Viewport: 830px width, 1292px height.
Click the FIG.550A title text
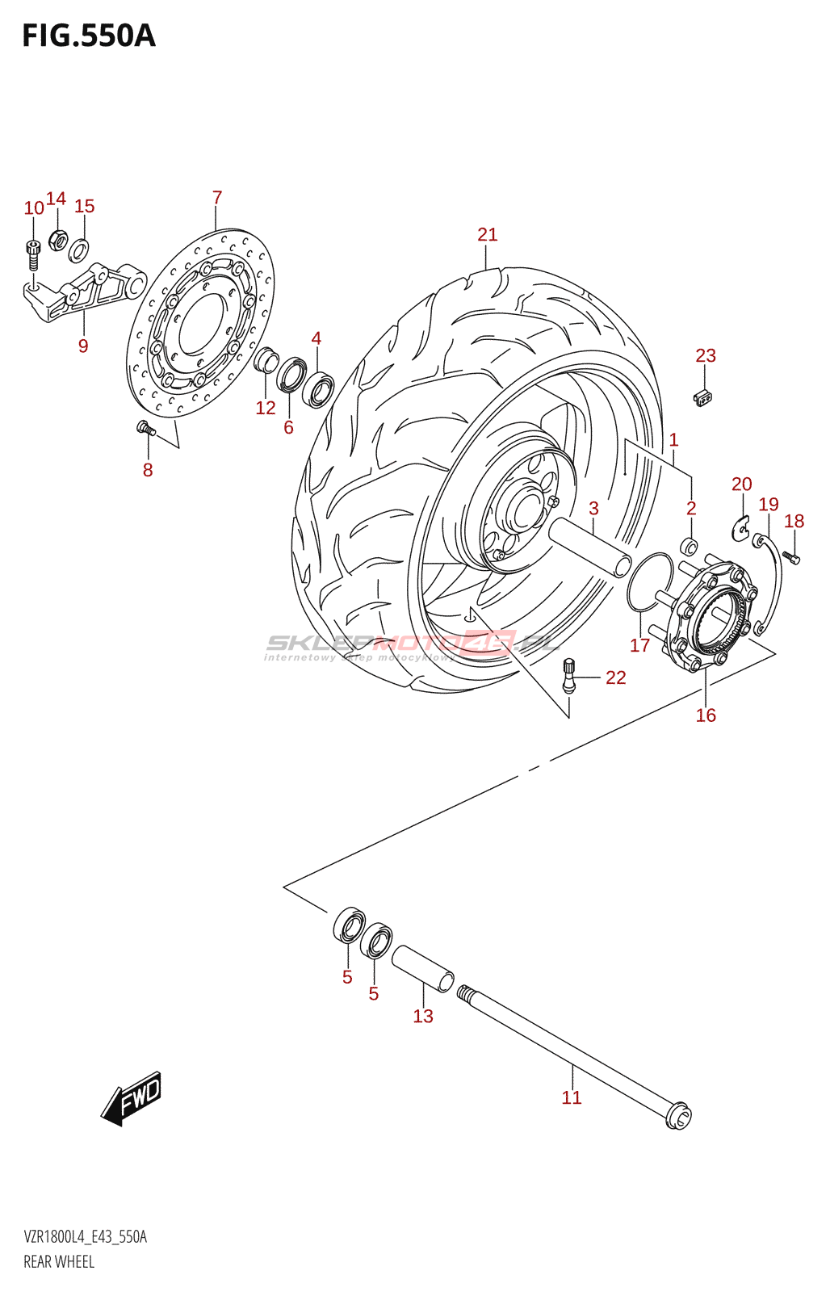pyautogui.click(x=89, y=36)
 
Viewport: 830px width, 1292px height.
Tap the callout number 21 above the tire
pyautogui.click(x=487, y=235)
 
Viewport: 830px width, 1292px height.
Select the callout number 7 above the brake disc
pyautogui.click(x=216, y=198)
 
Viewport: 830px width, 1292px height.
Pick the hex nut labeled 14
pyautogui.click(x=57, y=239)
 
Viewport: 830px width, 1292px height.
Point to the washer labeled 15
pyautogui.click(x=79, y=250)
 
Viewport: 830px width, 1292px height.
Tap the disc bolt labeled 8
pyautogui.click(x=145, y=428)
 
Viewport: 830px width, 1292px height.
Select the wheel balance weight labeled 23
pyautogui.click(x=704, y=396)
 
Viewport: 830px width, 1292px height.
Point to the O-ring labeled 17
pyautogui.click(x=649, y=583)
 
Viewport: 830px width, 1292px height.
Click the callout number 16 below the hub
pyautogui.click(x=706, y=715)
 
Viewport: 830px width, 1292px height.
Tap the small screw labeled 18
pyautogui.click(x=792, y=556)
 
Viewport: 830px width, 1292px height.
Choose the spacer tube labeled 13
pyautogui.click(x=422, y=968)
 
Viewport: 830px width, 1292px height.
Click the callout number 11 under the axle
pyautogui.click(x=572, y=1097)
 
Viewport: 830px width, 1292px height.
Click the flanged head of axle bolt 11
pyautogui.click(x=678, y=1117)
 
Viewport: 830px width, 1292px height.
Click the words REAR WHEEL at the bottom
pyautogui.click(x=59, y=1262)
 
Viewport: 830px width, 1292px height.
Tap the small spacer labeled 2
pyautogui.click(x=690, y=546)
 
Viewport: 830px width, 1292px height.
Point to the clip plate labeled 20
pyautogui.click(x=740, y=528)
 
